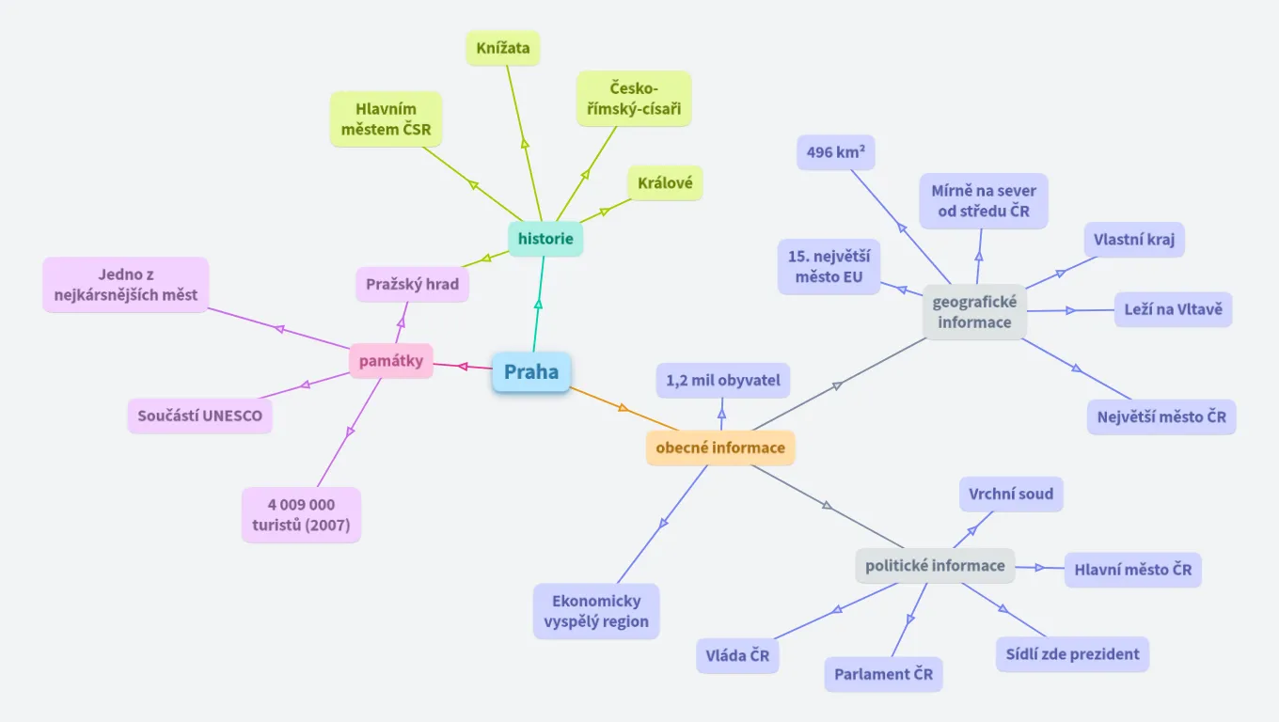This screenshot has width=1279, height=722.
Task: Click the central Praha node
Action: [531, 372]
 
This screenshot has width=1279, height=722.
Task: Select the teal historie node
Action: [545, 239]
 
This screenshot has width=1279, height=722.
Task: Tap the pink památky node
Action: [390, 361]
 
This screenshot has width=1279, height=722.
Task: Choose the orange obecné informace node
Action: [720, 447]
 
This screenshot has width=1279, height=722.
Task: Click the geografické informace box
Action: [974, 312]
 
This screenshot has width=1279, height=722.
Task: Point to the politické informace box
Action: [935, 566]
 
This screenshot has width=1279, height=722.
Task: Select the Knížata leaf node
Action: [503, 48]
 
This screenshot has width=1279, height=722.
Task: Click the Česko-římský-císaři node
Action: [634, 99]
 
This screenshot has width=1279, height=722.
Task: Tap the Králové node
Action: [665, 183]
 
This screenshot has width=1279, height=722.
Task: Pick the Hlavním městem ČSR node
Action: [386, 119]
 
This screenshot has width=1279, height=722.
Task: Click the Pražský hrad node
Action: [412, 284]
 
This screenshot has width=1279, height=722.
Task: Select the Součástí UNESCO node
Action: [199, 416]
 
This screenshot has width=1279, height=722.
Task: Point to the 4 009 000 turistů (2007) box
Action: [301, 515]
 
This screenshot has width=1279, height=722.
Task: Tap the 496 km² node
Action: [835, 151]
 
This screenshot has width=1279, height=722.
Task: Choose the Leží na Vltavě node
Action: [1173, 309]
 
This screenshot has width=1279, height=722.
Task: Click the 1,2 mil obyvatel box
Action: [723, 381]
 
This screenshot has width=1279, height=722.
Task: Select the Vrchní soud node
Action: [1011, 494]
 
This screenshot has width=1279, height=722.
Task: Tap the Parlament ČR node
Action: [883, 674]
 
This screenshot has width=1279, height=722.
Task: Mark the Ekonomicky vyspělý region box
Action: [596, 611]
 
